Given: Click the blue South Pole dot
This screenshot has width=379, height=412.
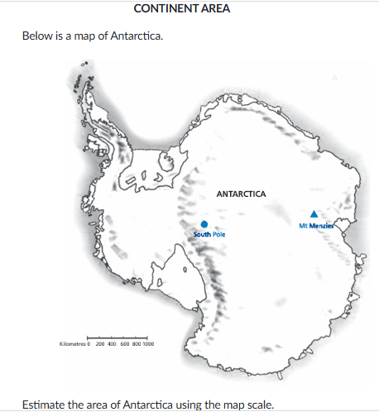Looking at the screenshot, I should [204, 223].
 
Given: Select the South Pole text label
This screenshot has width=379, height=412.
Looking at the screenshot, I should [209, 235].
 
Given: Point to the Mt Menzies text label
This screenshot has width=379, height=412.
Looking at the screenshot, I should [315, 225].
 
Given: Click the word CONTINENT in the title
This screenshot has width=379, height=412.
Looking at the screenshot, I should [165, 9].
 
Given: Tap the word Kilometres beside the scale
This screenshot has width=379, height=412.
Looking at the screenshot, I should [73, 343].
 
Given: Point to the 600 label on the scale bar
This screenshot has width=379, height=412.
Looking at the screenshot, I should [124, 343].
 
